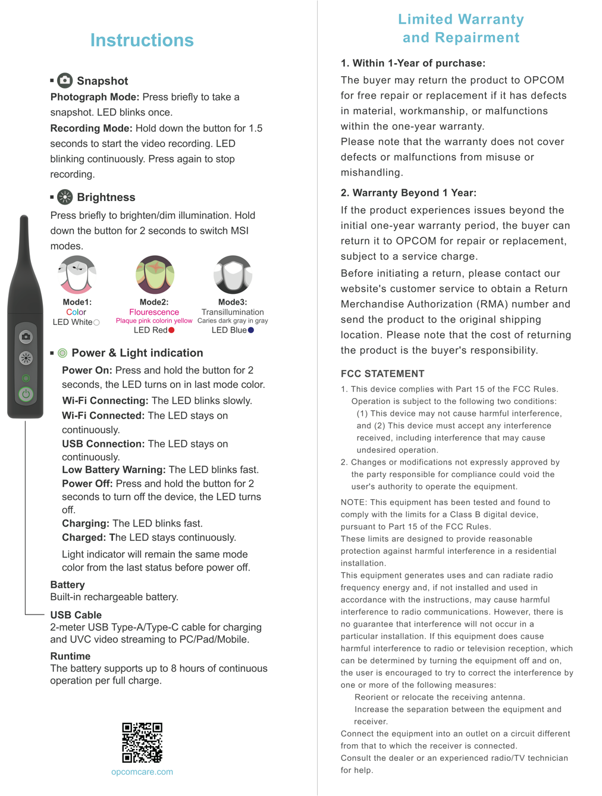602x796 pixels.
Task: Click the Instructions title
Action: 142,40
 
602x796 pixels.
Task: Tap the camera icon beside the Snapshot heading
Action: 65,80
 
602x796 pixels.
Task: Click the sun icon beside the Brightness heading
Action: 65,197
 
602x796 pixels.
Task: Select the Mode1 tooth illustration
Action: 77,275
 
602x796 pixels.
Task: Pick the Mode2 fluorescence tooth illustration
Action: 155,275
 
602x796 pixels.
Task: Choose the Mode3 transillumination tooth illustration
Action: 233,275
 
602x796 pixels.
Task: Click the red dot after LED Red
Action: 171,330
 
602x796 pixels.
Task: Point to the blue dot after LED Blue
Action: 251,330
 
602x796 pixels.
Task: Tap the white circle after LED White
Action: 96,322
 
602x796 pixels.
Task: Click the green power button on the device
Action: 26,394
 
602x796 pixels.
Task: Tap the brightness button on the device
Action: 26,358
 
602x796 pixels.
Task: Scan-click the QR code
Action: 142,742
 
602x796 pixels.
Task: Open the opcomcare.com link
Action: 142,772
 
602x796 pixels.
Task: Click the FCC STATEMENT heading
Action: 382,374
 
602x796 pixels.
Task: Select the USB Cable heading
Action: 76,615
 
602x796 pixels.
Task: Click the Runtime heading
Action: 70,656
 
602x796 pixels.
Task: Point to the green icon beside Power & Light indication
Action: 62,353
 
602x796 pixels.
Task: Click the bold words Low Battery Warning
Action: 114,469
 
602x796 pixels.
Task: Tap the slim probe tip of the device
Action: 24,238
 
